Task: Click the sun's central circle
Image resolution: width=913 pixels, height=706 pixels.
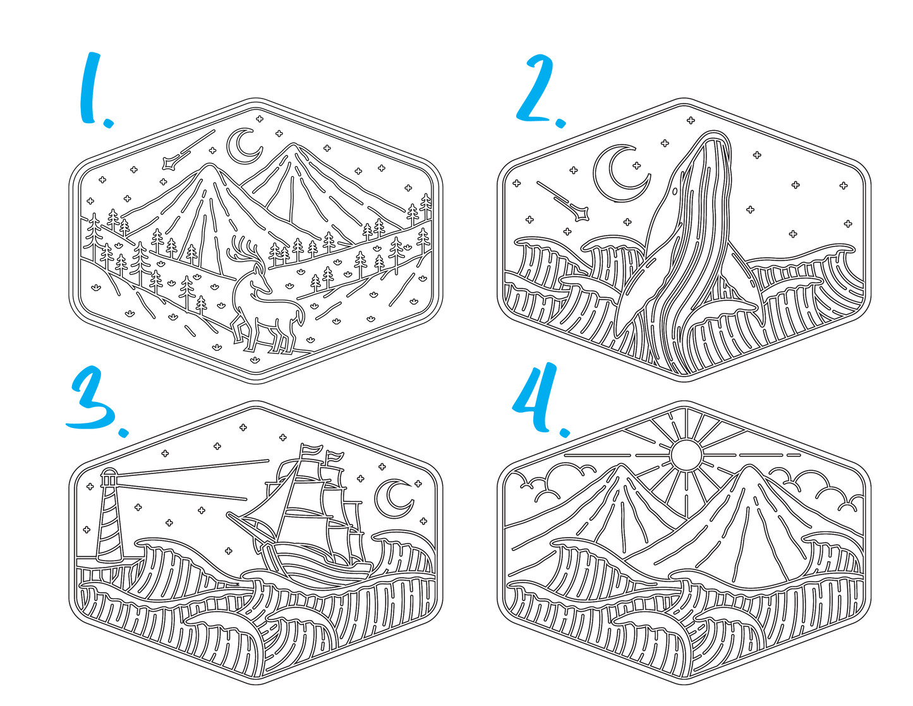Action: [x=686, y=454]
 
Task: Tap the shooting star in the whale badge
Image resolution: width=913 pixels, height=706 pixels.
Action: [x=563, y=201]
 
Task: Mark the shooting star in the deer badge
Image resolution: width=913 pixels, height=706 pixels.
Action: [x=188, y=150]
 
